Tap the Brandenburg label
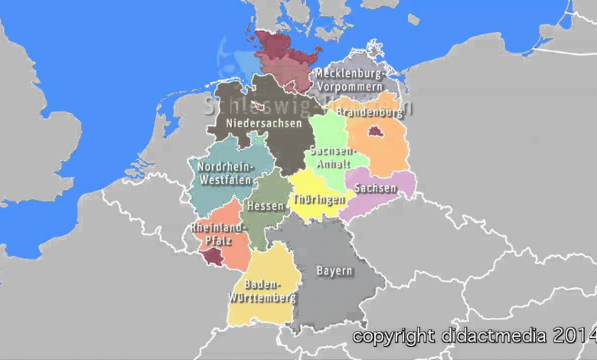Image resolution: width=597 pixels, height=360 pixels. pyautogui.click(x=369, y=113)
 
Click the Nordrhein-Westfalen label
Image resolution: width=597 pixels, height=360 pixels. pyautogui.click(x=224, y=173)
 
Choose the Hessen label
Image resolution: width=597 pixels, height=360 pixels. pyautogui.click(x=265, y=205)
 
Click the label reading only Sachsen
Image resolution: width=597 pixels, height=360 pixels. pyautogui.click(x=376, y=188)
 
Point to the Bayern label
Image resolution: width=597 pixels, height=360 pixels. pyautogui.click(x=334, y=271)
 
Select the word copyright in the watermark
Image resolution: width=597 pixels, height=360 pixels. pyautogui.click(x=393, y=335)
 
